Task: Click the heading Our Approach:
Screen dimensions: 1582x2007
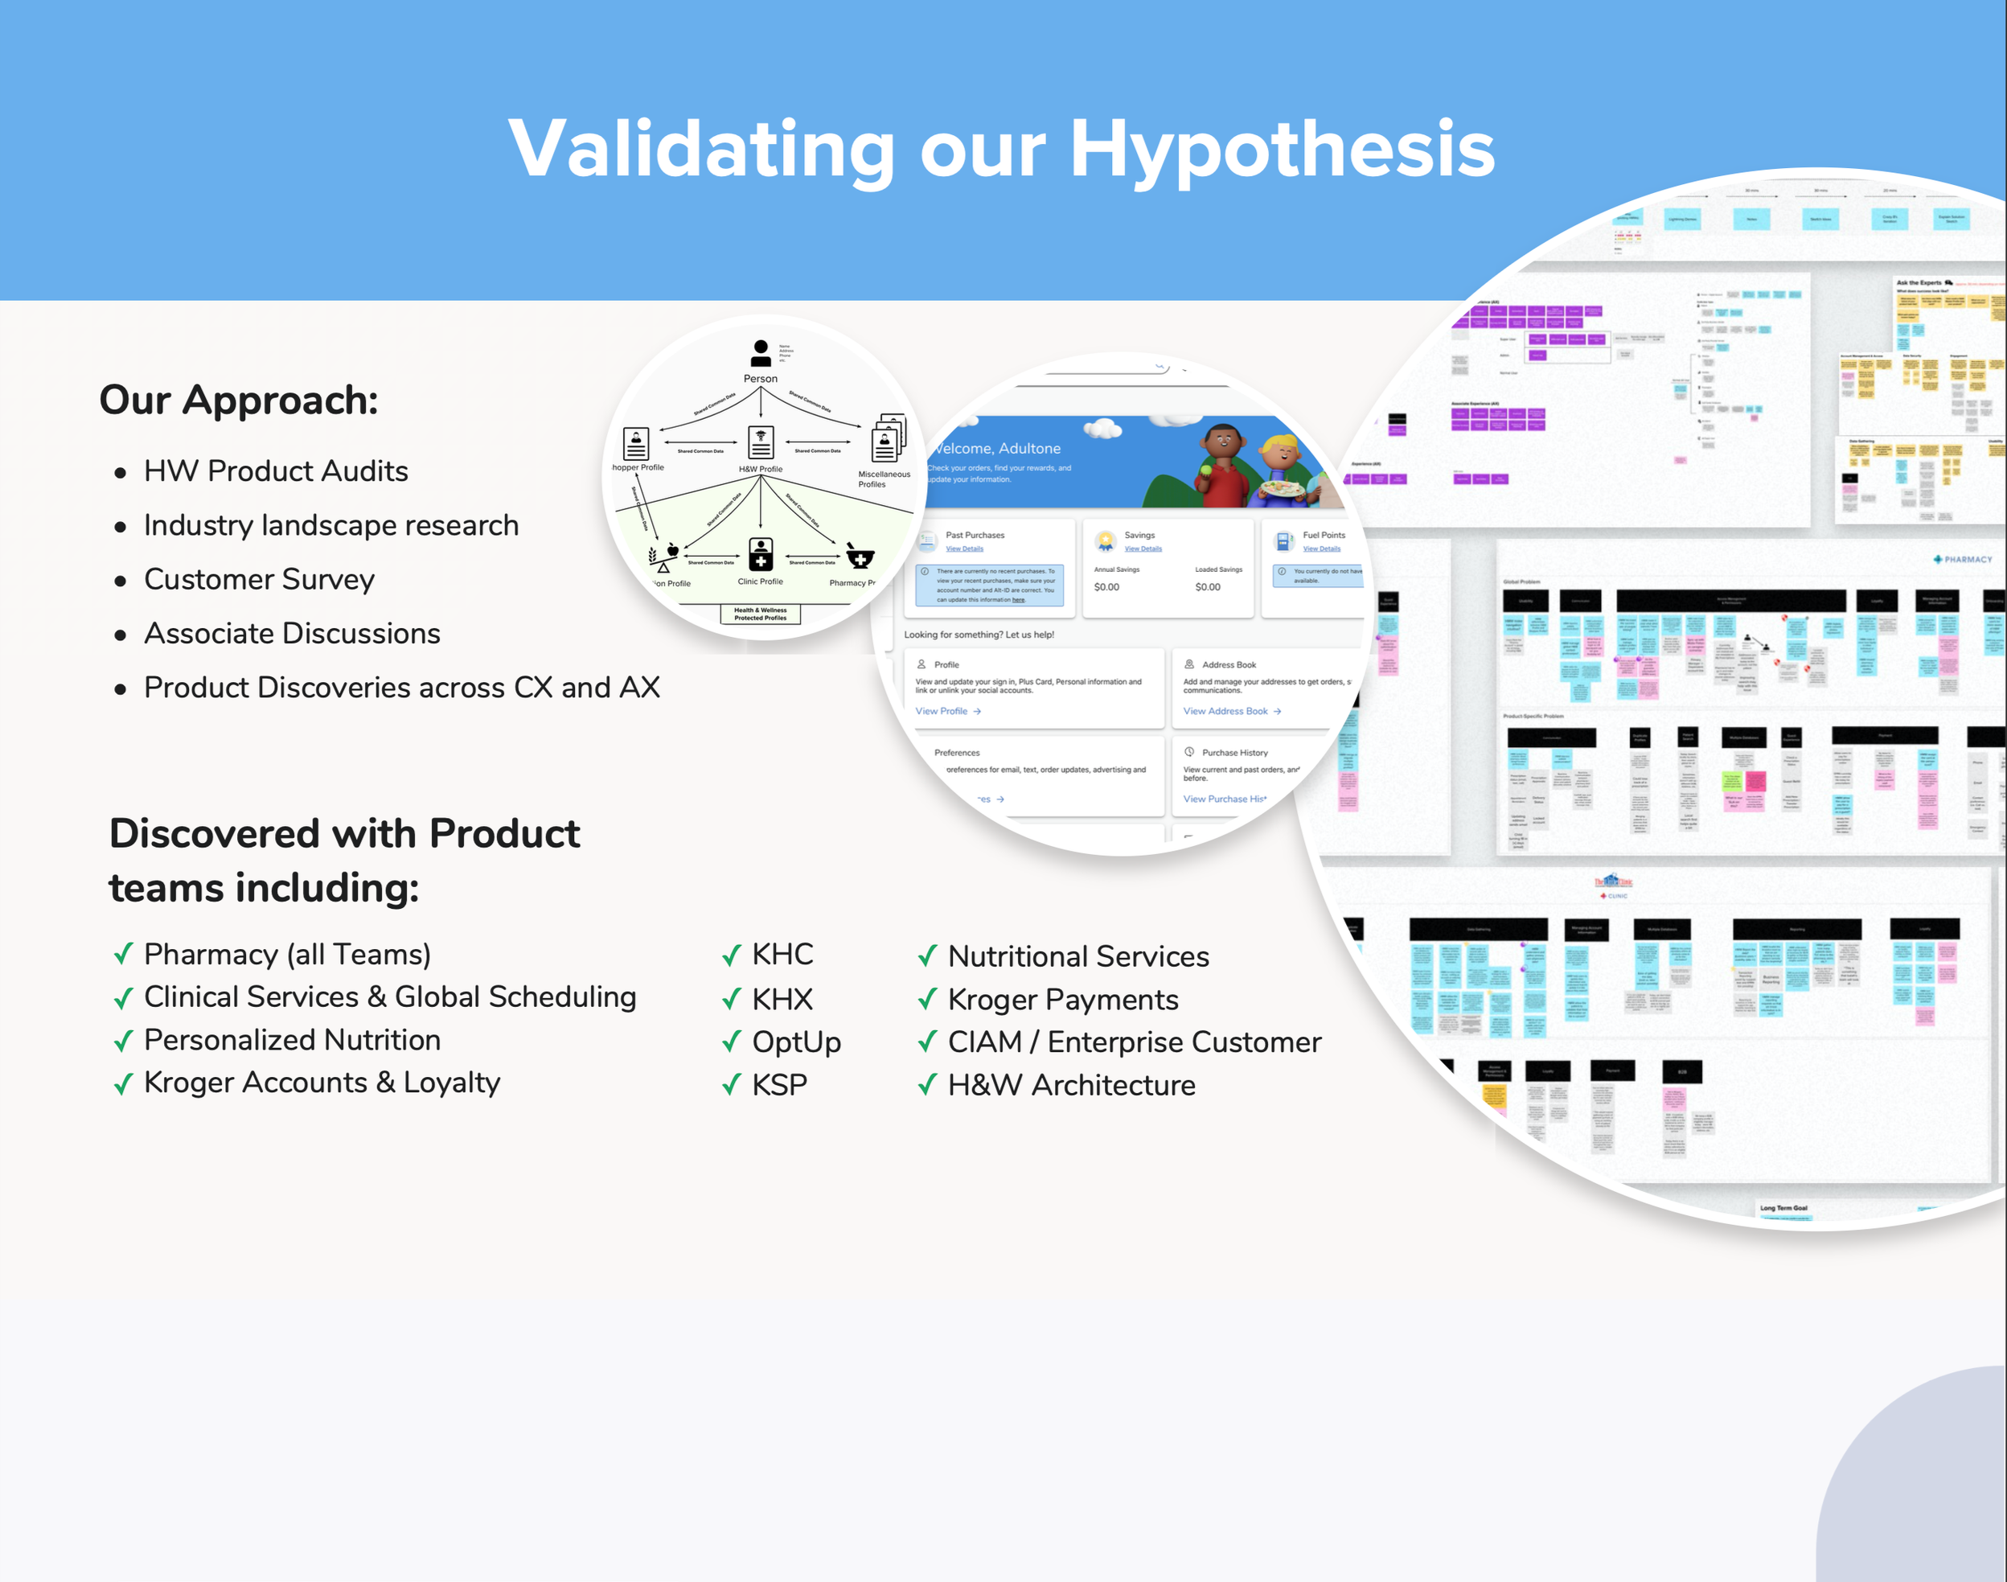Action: (239, 401)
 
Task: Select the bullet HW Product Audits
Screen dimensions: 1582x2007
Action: (275, 471)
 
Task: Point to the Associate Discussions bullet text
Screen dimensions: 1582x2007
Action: (292, 634)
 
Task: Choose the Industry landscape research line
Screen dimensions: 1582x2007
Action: (330, 525)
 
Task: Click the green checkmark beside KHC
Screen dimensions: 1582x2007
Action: (732, 955)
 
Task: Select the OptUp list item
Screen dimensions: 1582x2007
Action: (795, 1042)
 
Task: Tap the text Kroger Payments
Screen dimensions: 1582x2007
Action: (1062, 1000)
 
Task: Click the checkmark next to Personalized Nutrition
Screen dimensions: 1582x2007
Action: (123, 1041)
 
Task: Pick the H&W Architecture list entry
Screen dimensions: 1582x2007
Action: (1071, 1085)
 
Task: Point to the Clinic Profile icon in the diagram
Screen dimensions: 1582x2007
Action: (761, 555)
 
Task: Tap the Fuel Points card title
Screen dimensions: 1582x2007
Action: (1324, 536)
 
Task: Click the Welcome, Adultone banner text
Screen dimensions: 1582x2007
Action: (996, 448)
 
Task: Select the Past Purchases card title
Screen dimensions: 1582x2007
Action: (975, 536)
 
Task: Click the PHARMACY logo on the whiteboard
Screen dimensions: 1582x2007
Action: (1963, 560)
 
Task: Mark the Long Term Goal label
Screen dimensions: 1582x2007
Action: (1783, 1208)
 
